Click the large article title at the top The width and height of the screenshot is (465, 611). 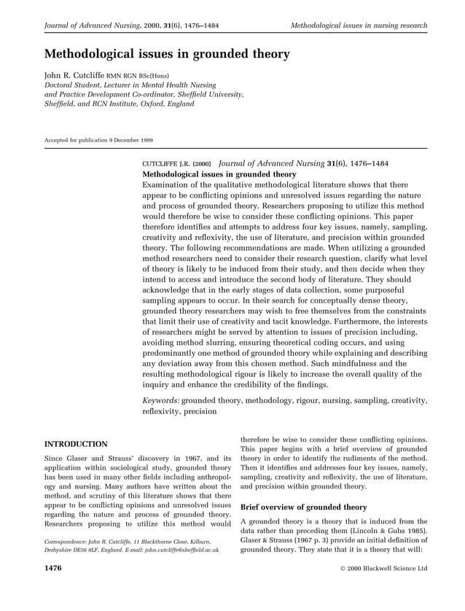tap(168, 55)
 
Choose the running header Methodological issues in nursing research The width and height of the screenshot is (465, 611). tap(359, 26)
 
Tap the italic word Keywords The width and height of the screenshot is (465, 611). tap(160, 400)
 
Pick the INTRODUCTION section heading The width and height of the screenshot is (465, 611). tap(77, 443)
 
